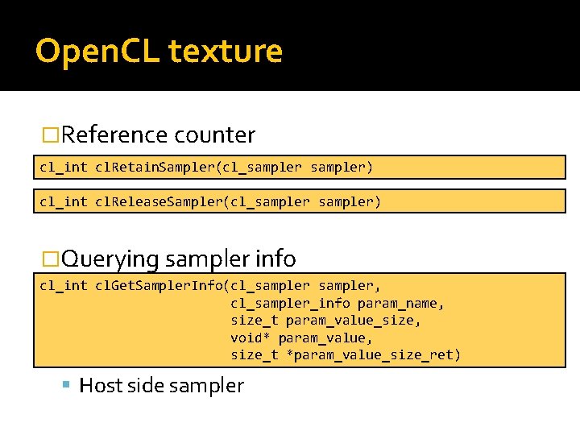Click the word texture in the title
226,52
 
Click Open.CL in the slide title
97,52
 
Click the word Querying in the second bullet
110,259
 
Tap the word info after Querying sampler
276,259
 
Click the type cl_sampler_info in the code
290,303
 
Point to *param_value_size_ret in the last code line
374,354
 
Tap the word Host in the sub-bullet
101,386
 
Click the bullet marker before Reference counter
51,135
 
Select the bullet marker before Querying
51,259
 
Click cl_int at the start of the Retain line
63,167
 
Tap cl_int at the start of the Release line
63,201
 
